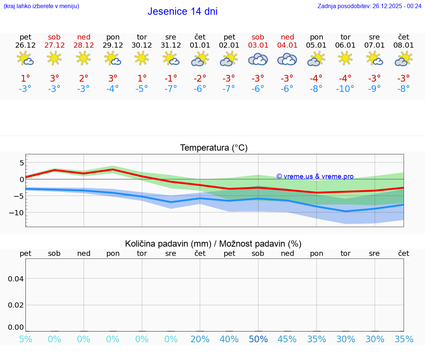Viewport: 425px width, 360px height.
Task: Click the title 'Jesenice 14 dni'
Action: [x=182, y=11]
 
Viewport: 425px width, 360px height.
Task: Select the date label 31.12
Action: [x=171, y=45]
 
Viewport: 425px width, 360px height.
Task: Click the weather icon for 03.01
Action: [x=258, y=59]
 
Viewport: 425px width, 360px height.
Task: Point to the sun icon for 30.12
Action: [x=142, y=58]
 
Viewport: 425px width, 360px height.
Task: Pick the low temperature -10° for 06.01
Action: [x=345, y=89]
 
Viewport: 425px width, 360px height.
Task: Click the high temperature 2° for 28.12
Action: [x=84, y=79]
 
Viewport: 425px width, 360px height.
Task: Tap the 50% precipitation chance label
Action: [x=258, y=339]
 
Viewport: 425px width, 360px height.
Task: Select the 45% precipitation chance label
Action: [x=287, y=339]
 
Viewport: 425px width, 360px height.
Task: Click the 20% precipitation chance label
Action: [x=200, y=339]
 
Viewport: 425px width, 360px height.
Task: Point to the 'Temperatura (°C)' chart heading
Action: [x=214, y=148]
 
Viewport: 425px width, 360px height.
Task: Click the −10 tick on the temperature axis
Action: [x=17, y=213]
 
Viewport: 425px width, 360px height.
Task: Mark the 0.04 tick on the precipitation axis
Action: [x=16, y=279]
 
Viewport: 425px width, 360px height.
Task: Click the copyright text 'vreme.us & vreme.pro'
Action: [x=315, y=176]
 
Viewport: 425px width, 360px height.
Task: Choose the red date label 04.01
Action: [x=287, y=45]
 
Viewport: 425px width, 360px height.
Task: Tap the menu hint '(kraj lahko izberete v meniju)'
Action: [x=41, y=6]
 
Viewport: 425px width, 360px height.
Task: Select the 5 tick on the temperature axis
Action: [x=21, y=163]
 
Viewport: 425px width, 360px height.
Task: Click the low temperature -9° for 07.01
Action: [x=374, y=89]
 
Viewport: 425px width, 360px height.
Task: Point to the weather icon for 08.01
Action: [x=404, y=59]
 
